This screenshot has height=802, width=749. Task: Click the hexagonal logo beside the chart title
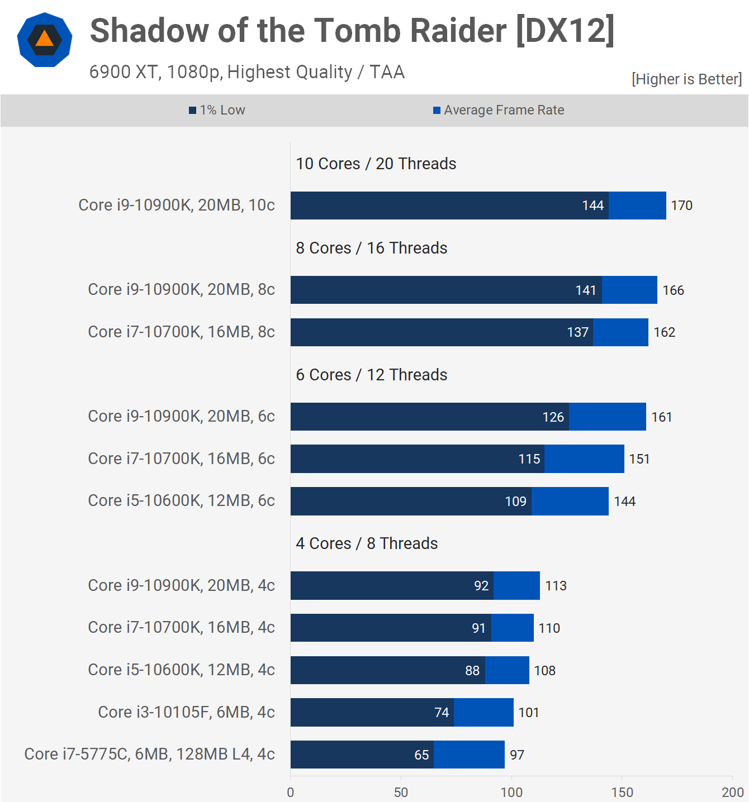(x=45, y=40)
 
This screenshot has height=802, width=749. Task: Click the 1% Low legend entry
(x=217, y=110)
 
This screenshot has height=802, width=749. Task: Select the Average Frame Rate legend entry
(x=499, y=110)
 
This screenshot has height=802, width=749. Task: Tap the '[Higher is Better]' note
(x=686, y=79)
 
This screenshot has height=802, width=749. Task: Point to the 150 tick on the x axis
(x=622, y=792)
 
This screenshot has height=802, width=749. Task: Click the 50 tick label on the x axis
(x=401, y=792)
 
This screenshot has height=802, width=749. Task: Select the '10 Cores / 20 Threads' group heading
(x=376, y=164)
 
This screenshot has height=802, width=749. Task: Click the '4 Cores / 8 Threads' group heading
(x=367, y=543)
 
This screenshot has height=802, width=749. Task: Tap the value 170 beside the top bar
(x=681, y=206)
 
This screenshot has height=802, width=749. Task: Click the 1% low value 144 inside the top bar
(x=592, y=206)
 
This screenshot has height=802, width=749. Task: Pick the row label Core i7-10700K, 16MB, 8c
(x=181, y=332)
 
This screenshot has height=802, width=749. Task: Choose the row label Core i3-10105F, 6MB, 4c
(x=186, y=712)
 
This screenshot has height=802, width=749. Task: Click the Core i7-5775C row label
(x=149, y=754)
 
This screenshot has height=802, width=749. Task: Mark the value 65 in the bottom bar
(x=421, y=755)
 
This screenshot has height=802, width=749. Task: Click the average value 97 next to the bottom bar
(x=517, y=755)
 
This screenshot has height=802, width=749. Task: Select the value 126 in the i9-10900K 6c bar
(x=553, y=417)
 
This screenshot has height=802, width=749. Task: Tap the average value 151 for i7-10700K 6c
(x=639, y=459)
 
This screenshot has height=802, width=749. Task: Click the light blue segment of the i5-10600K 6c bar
(x=570, y=501)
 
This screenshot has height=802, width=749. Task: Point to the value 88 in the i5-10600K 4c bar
(x=472, y=671)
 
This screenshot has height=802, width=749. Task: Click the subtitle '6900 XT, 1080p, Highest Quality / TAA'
(x=247, y=72)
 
